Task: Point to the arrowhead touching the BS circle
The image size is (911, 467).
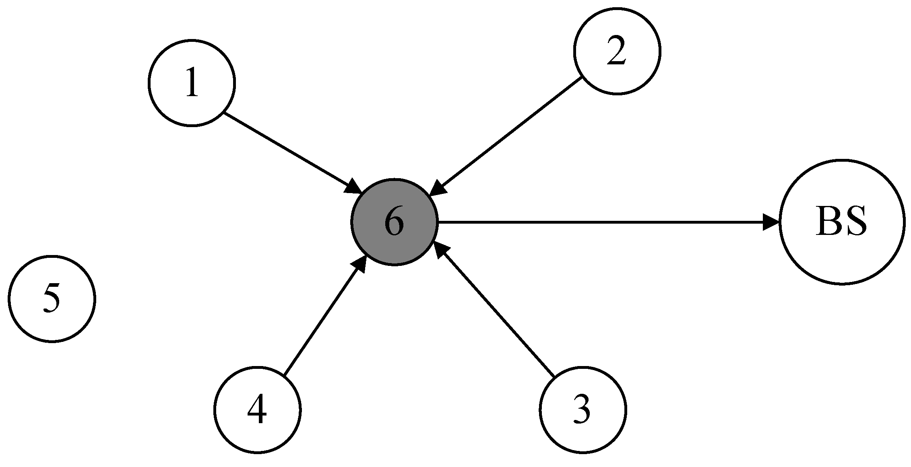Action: [771, 222]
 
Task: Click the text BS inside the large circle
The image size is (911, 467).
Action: [841, 222]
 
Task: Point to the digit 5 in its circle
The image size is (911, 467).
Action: [52, 298]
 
